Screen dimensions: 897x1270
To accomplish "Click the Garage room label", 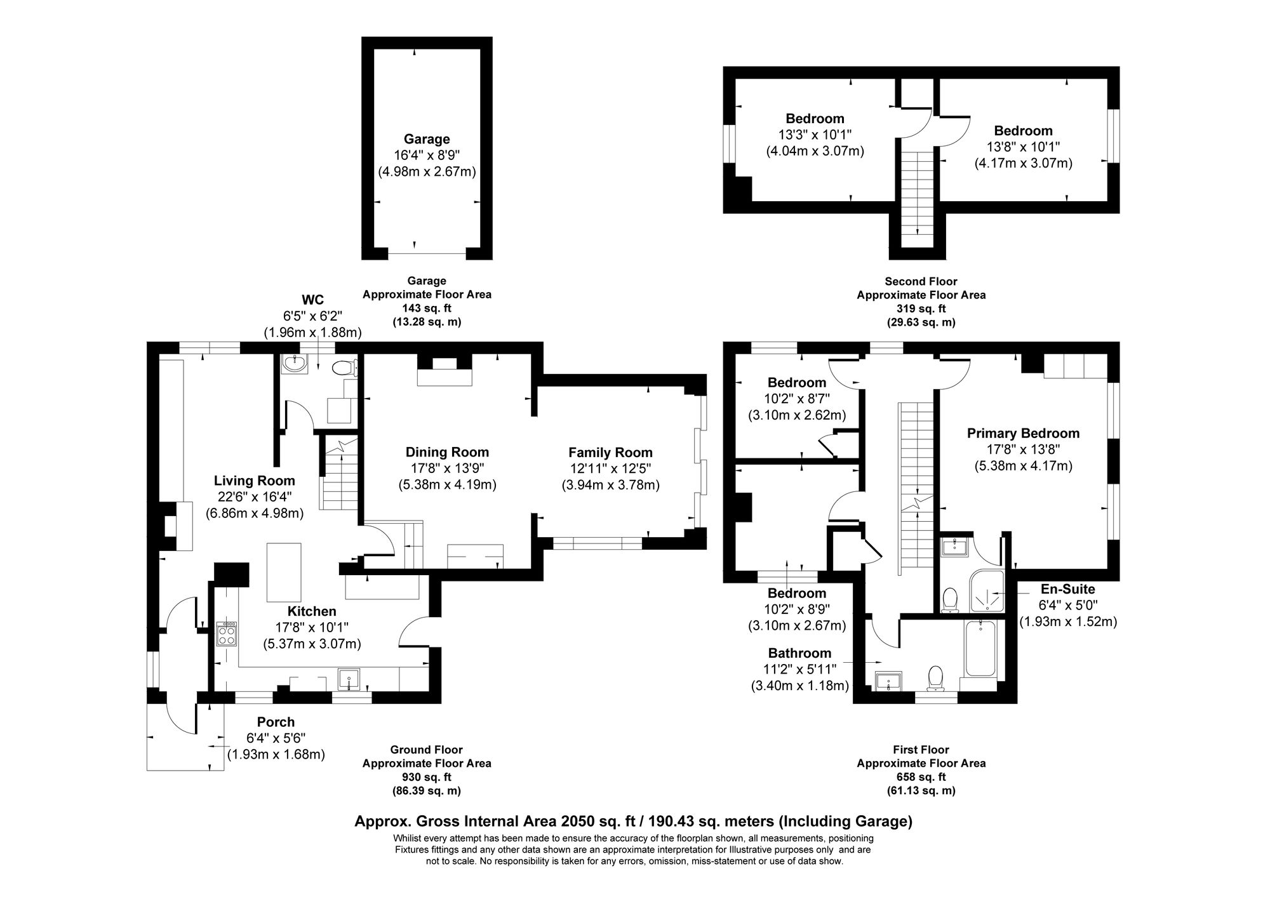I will [x=427, y=139].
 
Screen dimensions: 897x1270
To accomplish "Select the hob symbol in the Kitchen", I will [x=227, y=634].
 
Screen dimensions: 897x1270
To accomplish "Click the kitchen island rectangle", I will [x=284, y=572].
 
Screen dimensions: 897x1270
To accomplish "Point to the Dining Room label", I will [x=447, y=452].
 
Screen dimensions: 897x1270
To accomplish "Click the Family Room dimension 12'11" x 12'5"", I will [x=610, y=469].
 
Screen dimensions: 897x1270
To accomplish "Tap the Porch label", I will [x=276, y=722].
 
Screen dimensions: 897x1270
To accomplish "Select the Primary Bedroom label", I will [x=1022, y=433].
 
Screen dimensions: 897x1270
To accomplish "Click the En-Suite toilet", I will [x=950, y=600].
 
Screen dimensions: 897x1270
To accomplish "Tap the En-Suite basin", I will [x=954, y=546].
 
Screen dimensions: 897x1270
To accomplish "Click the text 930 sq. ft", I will [x=426, y=777].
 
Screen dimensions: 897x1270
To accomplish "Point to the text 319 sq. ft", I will [x=921, y=309].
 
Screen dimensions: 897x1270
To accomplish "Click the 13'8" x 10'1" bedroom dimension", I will [x=1023, y=147].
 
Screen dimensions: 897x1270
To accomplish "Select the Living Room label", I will [x=254, y=481].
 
